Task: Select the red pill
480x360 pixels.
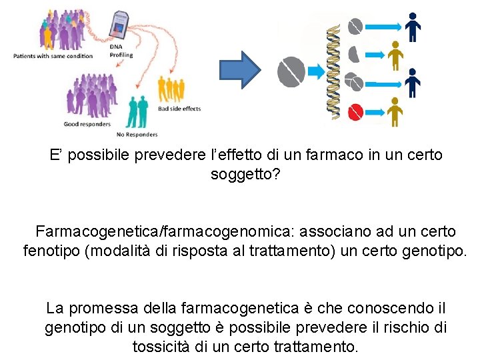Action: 355,111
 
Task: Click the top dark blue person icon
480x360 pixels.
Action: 413,27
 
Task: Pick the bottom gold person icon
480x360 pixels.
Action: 395,111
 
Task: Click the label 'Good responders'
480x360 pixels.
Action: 87,124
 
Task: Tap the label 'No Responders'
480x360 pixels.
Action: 137,135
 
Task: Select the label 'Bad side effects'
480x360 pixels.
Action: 179,109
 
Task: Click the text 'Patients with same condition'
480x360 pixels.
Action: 53,56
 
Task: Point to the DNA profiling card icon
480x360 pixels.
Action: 121,25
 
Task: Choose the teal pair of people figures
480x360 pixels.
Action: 138,111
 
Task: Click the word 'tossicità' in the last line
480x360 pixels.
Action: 162,347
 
